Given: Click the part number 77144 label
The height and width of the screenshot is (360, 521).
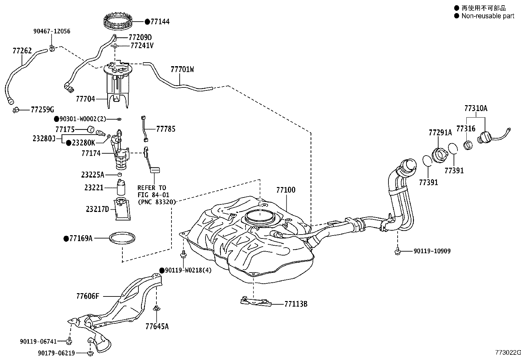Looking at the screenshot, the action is pos(160,22).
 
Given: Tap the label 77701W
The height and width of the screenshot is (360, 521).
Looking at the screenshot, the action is pos(182,69).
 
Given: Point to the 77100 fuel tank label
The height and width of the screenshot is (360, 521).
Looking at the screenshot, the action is pos(286,190).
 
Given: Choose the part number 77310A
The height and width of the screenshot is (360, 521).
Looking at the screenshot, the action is pos(476,108).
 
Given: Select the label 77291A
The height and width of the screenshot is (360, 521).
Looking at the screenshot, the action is pos(440,132).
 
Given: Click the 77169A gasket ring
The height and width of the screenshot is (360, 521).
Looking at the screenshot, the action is pos(122,238).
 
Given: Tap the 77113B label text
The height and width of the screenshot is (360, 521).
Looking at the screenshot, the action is pos(296,304).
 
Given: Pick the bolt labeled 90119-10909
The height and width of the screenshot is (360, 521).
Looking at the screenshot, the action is pos(398,251).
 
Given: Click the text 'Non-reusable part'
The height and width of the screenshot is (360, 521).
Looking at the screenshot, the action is pos(488,16).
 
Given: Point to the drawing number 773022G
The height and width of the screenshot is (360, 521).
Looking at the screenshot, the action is pos(508,352).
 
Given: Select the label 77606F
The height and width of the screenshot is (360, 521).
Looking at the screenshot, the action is pos(88,296).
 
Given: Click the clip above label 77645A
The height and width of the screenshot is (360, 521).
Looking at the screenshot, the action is pos(156,308).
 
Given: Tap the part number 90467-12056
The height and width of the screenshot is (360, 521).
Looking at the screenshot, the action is pos(52,31).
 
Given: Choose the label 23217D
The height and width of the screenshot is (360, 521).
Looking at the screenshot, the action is pos(98,209).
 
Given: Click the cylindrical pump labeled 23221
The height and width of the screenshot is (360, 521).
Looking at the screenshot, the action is pos(121,187).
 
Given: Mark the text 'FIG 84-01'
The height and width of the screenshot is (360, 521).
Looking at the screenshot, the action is pos(153,195).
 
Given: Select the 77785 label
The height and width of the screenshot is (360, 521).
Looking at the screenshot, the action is pos(166,129).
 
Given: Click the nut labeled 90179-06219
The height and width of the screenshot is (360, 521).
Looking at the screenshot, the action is pos(90,353).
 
